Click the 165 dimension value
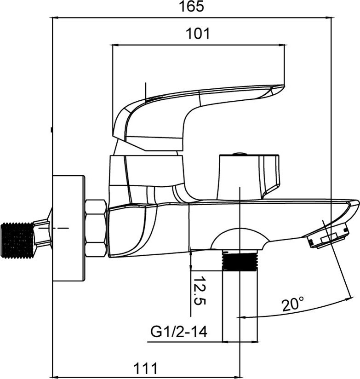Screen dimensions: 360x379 191,6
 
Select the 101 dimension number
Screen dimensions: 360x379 198,34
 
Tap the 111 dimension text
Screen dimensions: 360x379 145,368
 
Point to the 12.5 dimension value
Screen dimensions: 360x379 200,291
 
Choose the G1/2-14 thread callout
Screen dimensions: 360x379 179,332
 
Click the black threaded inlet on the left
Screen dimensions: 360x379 17,241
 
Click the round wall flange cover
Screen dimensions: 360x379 69,228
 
